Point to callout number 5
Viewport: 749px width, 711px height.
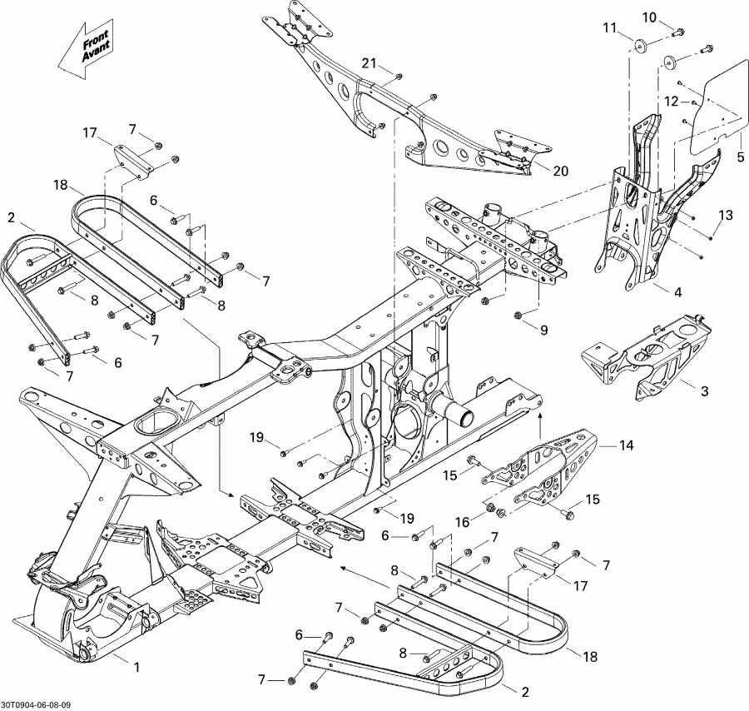[740, 157]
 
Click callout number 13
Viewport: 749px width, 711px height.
[726, 216]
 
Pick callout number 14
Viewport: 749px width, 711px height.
[625, 446]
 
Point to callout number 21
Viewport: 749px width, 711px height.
[369, 63]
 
